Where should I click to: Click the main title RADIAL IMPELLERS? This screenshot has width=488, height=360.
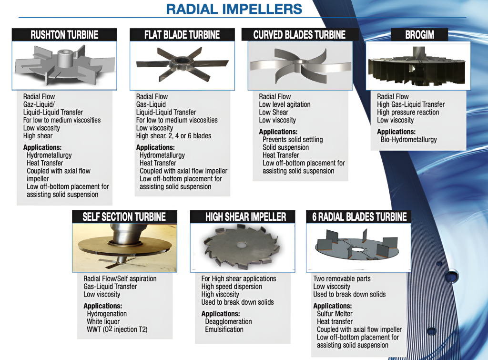click(x=234, y=9)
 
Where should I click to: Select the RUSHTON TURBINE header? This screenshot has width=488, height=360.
click(x=64, y=34)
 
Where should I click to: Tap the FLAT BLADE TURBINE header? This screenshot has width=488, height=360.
click(x=182, y=34)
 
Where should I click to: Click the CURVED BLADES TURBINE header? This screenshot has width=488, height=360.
click(x=299, y=34)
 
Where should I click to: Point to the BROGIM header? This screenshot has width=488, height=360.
click(x=419, y=34)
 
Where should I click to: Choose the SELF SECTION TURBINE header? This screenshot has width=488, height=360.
click(x=124, y=217)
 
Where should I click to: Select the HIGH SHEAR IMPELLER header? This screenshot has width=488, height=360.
click(x=245, y=217)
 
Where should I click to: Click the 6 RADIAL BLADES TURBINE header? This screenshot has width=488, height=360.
click(x=359, y=217)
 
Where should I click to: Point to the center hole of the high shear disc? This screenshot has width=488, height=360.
click(x=241, y=245)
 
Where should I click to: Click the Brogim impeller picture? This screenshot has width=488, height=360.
click(x=417, y=66)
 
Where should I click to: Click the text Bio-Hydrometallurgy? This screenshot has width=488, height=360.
click(x=408, y=140)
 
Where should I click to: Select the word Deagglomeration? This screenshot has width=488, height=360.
click(x=228, y=321)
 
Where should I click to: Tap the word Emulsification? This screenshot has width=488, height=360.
click(x=224, y=329)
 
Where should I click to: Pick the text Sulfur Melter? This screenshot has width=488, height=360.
click(x=335, y=314)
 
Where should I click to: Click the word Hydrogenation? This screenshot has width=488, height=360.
click(x=107, y=314)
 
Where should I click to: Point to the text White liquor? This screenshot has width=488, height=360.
click(x=103, y=321)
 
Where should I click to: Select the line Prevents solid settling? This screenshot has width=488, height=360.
click(x=293, y=140)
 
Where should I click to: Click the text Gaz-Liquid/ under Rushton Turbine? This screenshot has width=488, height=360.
click(x=39, y=104)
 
